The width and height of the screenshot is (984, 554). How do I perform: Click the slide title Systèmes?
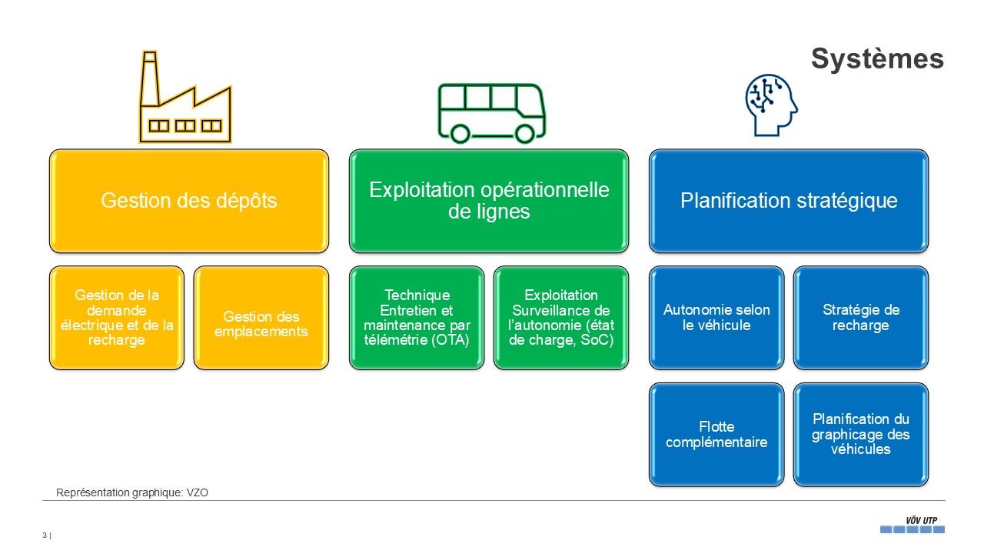(877, 59)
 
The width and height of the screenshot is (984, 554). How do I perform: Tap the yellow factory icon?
(185, 100)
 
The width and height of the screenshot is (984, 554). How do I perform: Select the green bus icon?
(491, 112)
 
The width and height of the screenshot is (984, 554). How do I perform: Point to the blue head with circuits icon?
(770, 105)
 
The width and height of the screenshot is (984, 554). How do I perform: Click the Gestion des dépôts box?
(189, 201)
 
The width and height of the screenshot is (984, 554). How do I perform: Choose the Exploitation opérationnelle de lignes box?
(489, 201)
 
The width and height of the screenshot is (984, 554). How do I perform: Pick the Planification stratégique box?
(789, 201)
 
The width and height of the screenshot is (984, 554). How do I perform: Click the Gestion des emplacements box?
(261, 325)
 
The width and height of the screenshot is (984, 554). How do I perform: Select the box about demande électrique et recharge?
(117, 318)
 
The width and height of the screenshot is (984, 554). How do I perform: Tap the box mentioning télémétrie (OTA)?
(417, 318)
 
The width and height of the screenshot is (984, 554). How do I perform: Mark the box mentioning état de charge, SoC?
(561, 318)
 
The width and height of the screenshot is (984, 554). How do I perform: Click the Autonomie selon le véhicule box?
(716, 318)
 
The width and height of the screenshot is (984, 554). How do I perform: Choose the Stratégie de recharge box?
(861, 318)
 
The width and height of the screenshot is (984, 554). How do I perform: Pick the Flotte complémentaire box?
(716, 435)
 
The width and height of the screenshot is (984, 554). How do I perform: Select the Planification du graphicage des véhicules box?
(861, 435)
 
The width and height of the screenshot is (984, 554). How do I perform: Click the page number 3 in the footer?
(45, 536)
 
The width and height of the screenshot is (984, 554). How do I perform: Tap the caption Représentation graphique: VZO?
(132, 493)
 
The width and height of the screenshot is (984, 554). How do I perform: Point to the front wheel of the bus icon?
(525, 134)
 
